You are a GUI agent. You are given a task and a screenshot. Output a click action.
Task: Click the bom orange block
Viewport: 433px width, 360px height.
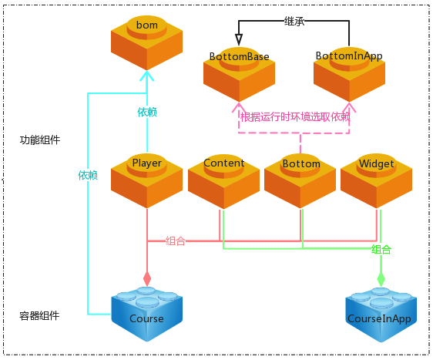(x=146, y=43)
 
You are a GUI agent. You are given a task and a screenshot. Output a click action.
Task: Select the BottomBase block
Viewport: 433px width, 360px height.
(x=239, y=75)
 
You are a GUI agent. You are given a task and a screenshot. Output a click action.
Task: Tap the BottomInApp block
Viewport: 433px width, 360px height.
(x=349, y=75)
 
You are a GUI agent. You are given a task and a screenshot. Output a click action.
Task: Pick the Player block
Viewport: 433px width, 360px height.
(x=146, y=181)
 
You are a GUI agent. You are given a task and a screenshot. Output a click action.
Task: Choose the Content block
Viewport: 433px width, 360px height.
(x=223, y=181)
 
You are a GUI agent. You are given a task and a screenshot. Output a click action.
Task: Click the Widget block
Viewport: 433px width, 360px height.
(x=377, y=181)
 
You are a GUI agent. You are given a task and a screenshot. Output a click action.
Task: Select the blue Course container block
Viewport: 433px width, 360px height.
(x=146, y=315)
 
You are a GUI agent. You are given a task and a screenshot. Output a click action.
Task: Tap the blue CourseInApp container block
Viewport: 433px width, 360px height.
(x=381, y=315)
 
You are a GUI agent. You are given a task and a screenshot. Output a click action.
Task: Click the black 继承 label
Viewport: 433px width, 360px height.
(x=294, y=22)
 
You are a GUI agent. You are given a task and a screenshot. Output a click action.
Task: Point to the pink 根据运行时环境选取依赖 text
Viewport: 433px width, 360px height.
(x=295, y=117)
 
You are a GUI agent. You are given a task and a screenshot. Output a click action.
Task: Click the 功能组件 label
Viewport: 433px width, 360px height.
(x=40, y=140)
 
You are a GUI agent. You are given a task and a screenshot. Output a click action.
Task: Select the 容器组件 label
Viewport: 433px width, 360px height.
(x=39, y=316)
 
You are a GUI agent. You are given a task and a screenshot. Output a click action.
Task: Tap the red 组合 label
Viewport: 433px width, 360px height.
(x=176, y=241)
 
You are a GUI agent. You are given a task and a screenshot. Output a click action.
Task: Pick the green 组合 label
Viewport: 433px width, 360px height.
(x=381, y=250)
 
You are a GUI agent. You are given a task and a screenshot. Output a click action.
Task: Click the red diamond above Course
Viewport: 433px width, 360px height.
(x=147, y=278)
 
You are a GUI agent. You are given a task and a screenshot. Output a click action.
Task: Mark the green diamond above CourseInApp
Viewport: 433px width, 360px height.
(x=381, y=279)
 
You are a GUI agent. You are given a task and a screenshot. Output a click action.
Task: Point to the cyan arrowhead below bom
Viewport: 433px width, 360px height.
(x=146, y=76)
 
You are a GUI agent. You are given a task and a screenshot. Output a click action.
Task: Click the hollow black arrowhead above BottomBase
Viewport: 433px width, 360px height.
(x=239, y=40)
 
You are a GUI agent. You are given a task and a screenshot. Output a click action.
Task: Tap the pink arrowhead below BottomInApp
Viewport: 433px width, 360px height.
(x=349, y=107)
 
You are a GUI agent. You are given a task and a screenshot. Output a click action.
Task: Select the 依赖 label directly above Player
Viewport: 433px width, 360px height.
(x=147, y=113)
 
